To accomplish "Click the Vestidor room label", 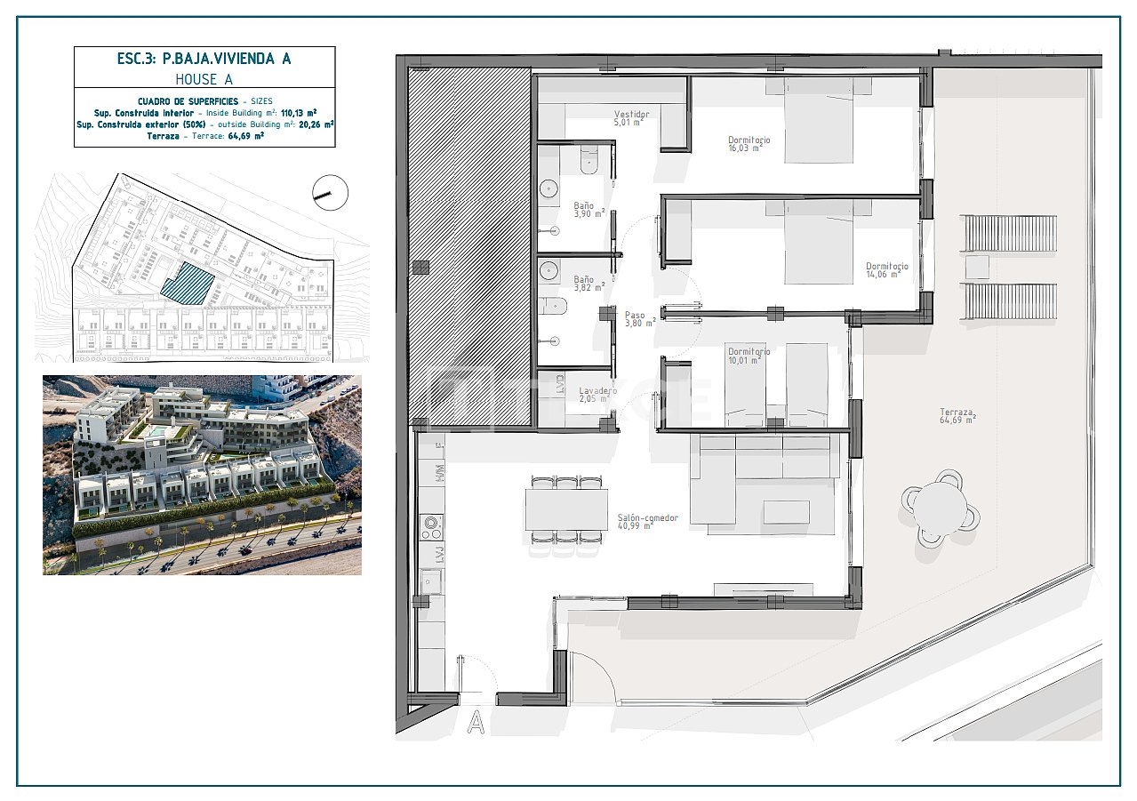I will coord(632,117).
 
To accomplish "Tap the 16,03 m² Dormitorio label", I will coord(749,144).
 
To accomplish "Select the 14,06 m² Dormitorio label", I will coord(886,269).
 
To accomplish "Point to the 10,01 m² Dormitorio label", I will coord(749,356).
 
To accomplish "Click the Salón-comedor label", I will coord(647,521).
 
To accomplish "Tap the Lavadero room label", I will coord(597,395).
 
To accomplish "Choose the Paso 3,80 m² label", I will coord(638,318).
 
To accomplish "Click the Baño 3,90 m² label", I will coord(588,209).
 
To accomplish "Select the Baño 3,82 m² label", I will coord(588,283).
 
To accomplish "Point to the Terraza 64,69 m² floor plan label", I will coord(957,415).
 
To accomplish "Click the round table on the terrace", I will coord(941,508).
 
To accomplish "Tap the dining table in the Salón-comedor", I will coord(566,510).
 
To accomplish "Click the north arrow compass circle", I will coord(331,192).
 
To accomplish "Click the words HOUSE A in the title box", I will coord(204,79).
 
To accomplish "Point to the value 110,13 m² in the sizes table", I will coord(299,113).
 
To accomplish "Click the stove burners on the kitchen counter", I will coord(432,527).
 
